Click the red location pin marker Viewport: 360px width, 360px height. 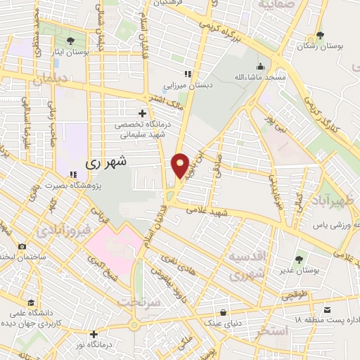pyautogui.click(x=180, y=165)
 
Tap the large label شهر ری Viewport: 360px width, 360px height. pyautogui.click(x=107, y=162)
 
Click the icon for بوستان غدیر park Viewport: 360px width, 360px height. pyautogui.click(x=301, y=259)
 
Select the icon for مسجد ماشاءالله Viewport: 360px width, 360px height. pyautogui.click(x=261, y=66)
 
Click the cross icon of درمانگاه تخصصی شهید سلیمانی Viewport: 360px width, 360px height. pyautogui.click(x=143, y=112)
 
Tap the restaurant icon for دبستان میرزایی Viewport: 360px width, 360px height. pyautogui.click(x=187, y=75)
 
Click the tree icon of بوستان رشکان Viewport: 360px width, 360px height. pyautogui.click(x=321, y=35)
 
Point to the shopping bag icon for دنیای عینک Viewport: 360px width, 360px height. pyautogui.click(x=223, y=313)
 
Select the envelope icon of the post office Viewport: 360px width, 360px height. pyautogui.click(x=327, y=310)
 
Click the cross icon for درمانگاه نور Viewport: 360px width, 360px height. pyautogui.click(x=94, y=334)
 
